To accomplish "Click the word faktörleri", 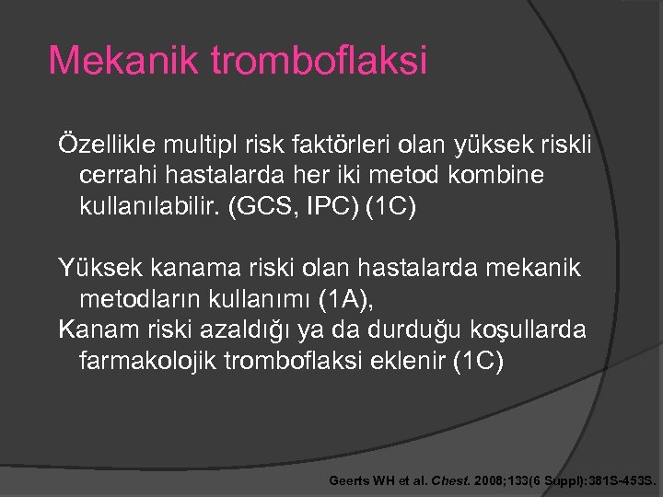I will tap(331, 144).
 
